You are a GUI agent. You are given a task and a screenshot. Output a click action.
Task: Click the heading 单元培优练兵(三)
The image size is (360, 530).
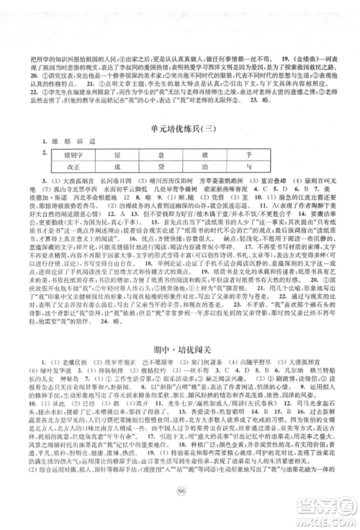pyautogui.click(x=180, y=109)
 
